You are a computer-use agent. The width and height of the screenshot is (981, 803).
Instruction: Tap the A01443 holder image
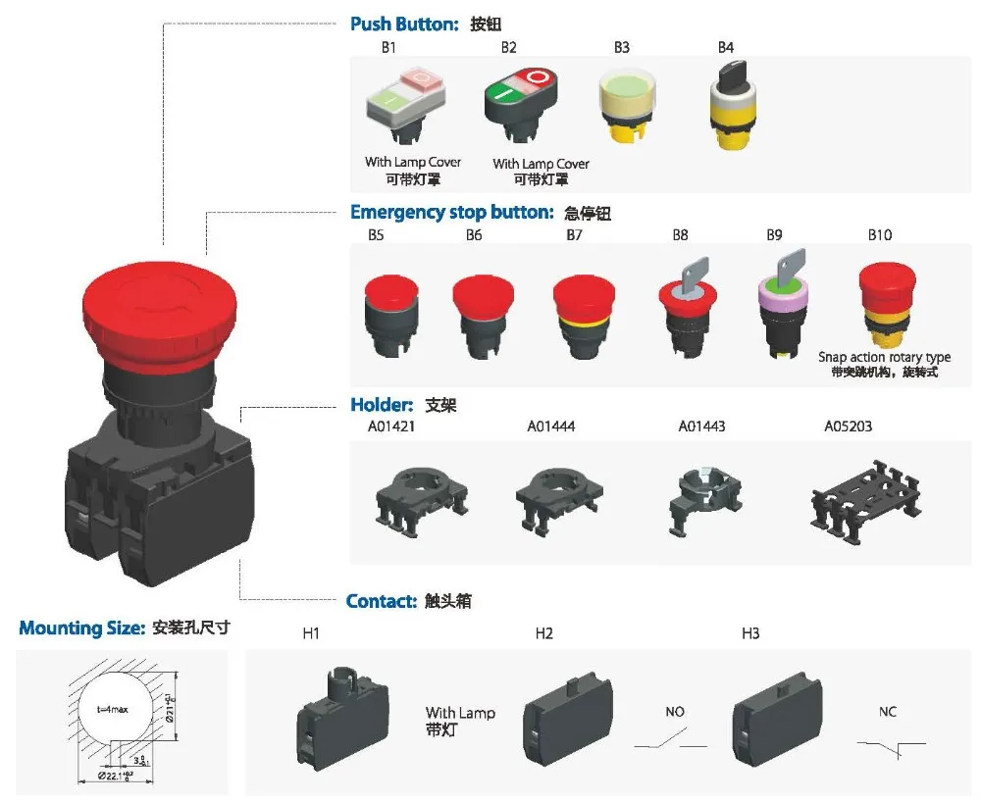703,495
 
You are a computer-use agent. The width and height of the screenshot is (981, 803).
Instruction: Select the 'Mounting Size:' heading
82,628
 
